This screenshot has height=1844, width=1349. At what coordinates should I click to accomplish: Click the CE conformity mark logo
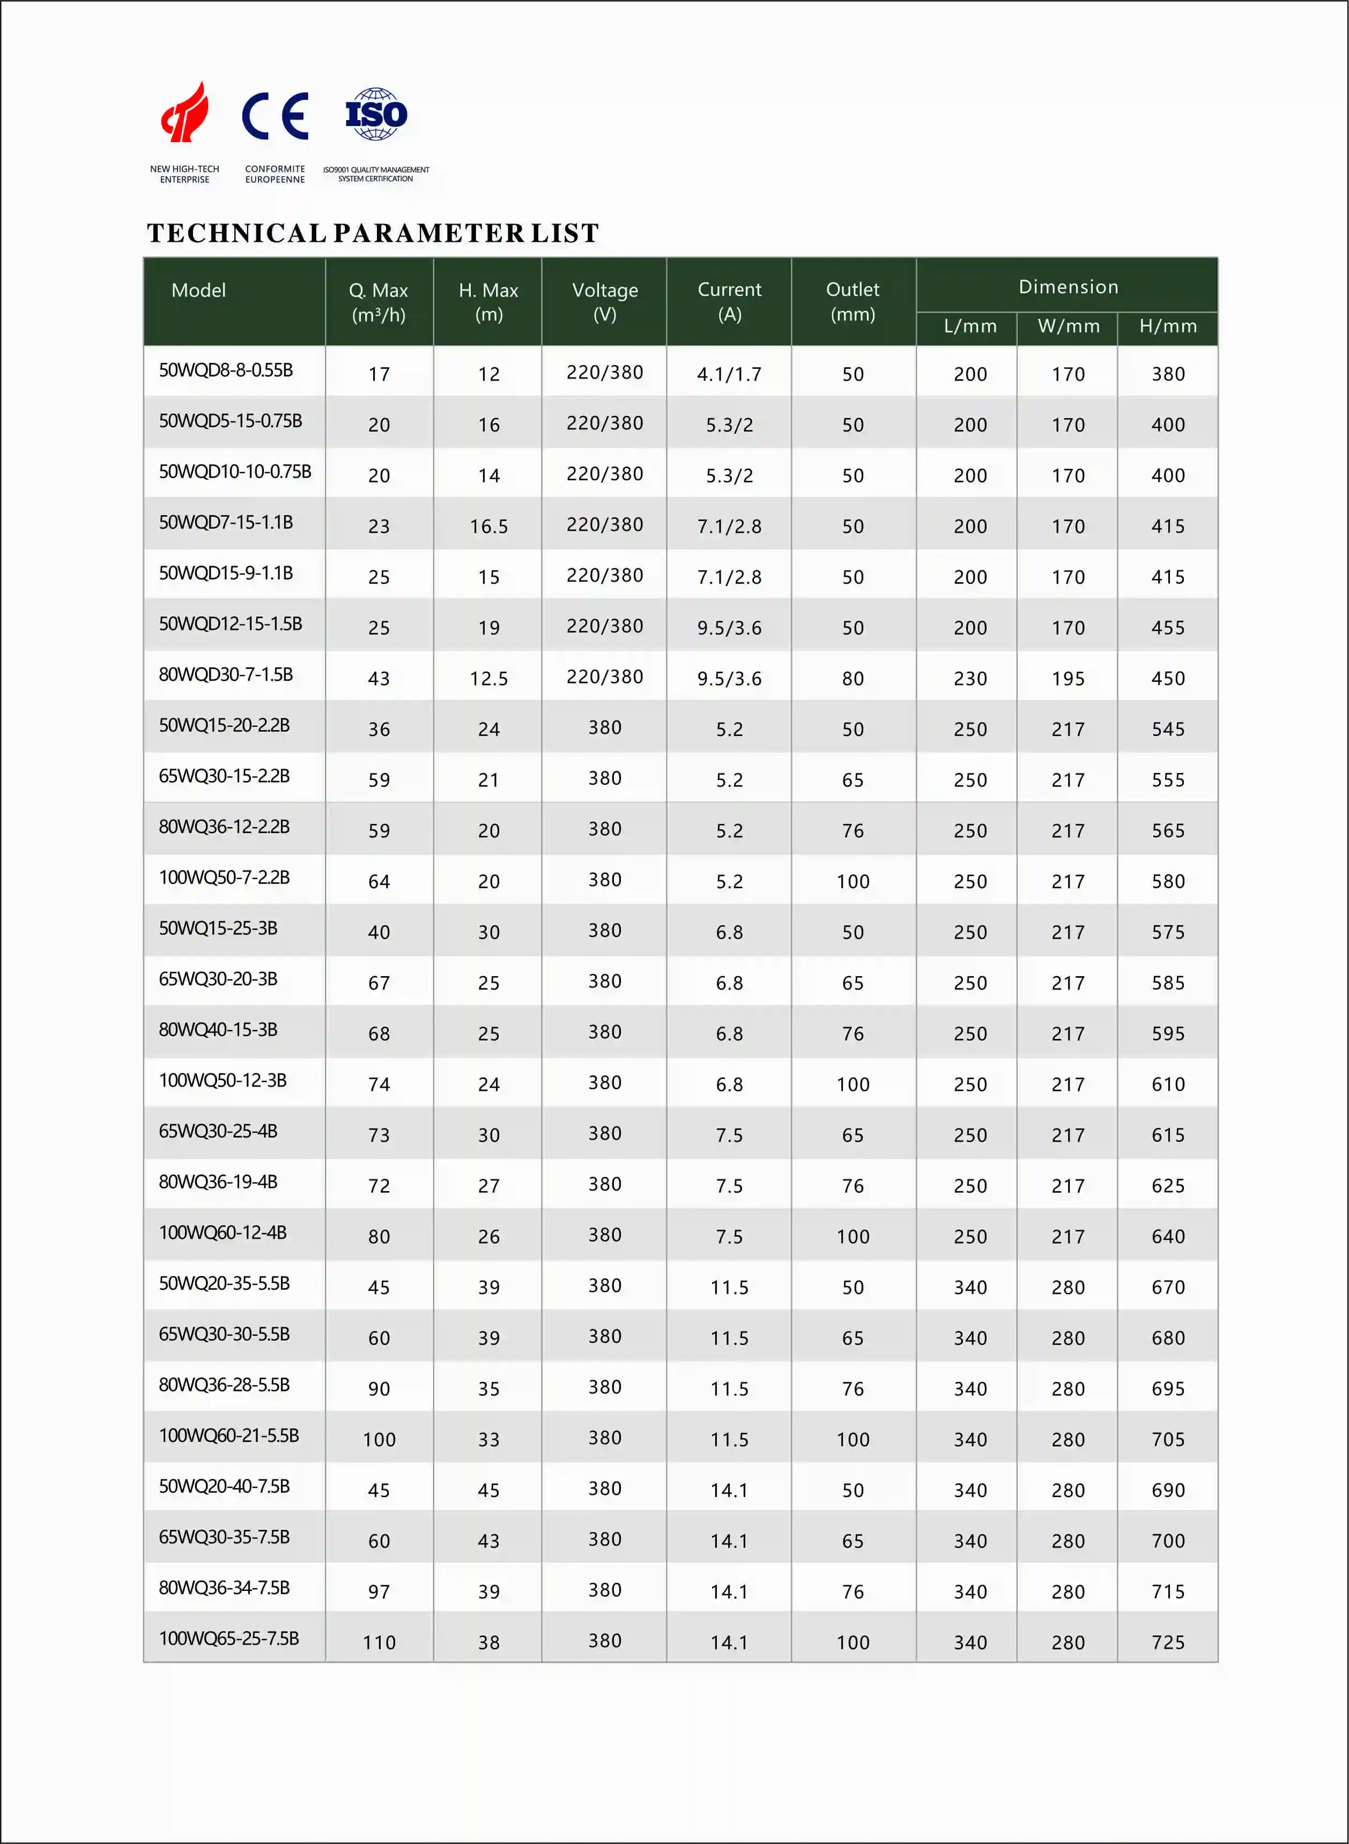(x=275, y=116)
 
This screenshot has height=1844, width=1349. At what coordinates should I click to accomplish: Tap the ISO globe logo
(x=376, y=114)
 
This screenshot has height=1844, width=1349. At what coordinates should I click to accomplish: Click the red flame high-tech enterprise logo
(x=186, y=112)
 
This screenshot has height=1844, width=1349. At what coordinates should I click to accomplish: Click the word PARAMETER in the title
(x=429, y=234)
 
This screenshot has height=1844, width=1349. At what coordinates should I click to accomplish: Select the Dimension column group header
(x=1068, y=287)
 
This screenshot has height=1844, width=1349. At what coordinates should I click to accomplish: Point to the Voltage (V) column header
(x=604, y=301)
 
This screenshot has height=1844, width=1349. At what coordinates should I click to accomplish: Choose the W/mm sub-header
(x=1068, y=326)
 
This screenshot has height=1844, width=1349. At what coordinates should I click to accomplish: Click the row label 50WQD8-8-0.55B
(x=225, y=370)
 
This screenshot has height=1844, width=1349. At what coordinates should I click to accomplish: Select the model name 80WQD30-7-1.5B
(x=225, y=675)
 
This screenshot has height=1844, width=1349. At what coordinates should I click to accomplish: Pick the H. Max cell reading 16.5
(x=488, y=526)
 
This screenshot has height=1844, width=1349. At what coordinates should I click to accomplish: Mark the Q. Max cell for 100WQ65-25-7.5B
(x=379, y=1642)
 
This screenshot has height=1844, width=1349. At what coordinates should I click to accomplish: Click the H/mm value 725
(x=1168, y=1642)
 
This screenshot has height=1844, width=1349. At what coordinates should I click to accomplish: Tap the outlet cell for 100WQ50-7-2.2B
(x=853, y=882)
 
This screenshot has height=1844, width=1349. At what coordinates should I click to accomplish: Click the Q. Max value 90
(x=379, y=1388)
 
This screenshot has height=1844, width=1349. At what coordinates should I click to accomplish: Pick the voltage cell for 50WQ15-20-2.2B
(x=604, y=728)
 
